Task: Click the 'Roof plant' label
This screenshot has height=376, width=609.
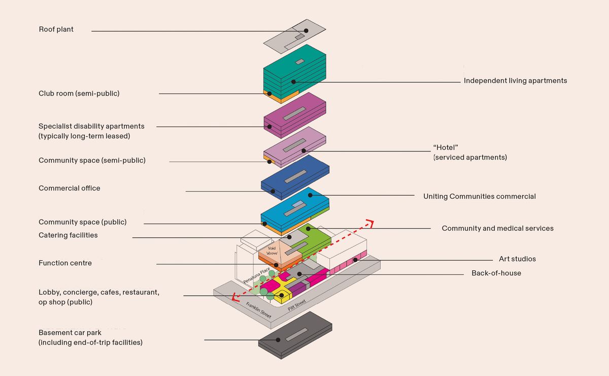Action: click(56, 29)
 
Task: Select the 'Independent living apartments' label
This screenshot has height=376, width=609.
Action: click(515, 81)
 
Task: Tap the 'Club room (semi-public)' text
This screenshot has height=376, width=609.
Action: click(79, 93)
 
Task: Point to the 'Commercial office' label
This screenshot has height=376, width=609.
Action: click(69, 189)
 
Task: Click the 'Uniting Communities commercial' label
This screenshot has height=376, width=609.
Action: click(479, 197)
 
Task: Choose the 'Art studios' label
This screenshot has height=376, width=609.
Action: click(517, 259)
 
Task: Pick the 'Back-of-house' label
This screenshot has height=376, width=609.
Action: click(496, 273)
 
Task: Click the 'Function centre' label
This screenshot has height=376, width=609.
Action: click(65, 263)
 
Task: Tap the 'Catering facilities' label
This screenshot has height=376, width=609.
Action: click(68, 235)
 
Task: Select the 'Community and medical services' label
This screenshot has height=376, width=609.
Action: click(497, 229)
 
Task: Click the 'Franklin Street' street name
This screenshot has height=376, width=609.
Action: click(258, 308)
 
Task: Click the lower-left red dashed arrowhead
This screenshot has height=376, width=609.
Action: click(234, 299)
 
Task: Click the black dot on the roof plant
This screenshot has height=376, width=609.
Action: click(306, 31)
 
